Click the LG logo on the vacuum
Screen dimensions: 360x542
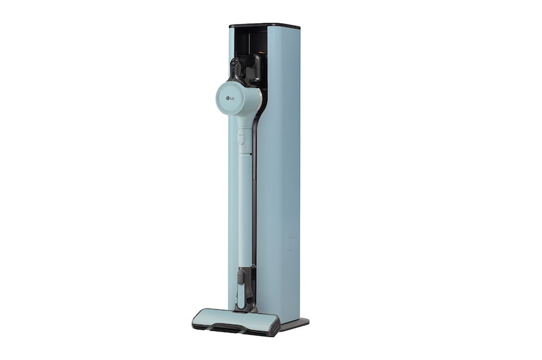tap(232, 102)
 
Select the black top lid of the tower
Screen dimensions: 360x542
tap(264, 26)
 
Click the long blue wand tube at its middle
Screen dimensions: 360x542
tap(241, 203)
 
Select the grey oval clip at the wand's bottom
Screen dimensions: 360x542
tap(241, 277)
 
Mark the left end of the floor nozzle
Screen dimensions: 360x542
tap(197, 319)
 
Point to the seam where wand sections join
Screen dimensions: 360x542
tap(243, 155)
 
